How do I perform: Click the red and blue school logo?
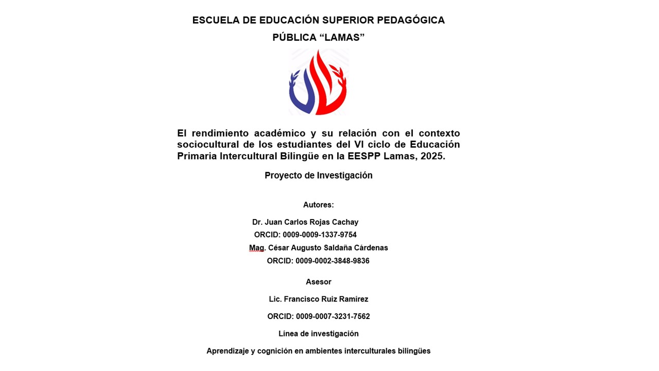[318, 82]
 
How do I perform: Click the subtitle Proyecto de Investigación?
[318, 175]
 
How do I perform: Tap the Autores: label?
[318, 205]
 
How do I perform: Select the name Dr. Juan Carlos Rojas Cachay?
[305, 222]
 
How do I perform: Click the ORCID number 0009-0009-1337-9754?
[319, 235]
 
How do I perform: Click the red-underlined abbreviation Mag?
[256, 248]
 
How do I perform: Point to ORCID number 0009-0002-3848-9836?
[332, 261]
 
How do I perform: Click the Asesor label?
[318, 282]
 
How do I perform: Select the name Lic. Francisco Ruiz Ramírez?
[318, 299]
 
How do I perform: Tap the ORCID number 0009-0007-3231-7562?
[333, 316]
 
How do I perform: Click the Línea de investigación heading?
[318, 334]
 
